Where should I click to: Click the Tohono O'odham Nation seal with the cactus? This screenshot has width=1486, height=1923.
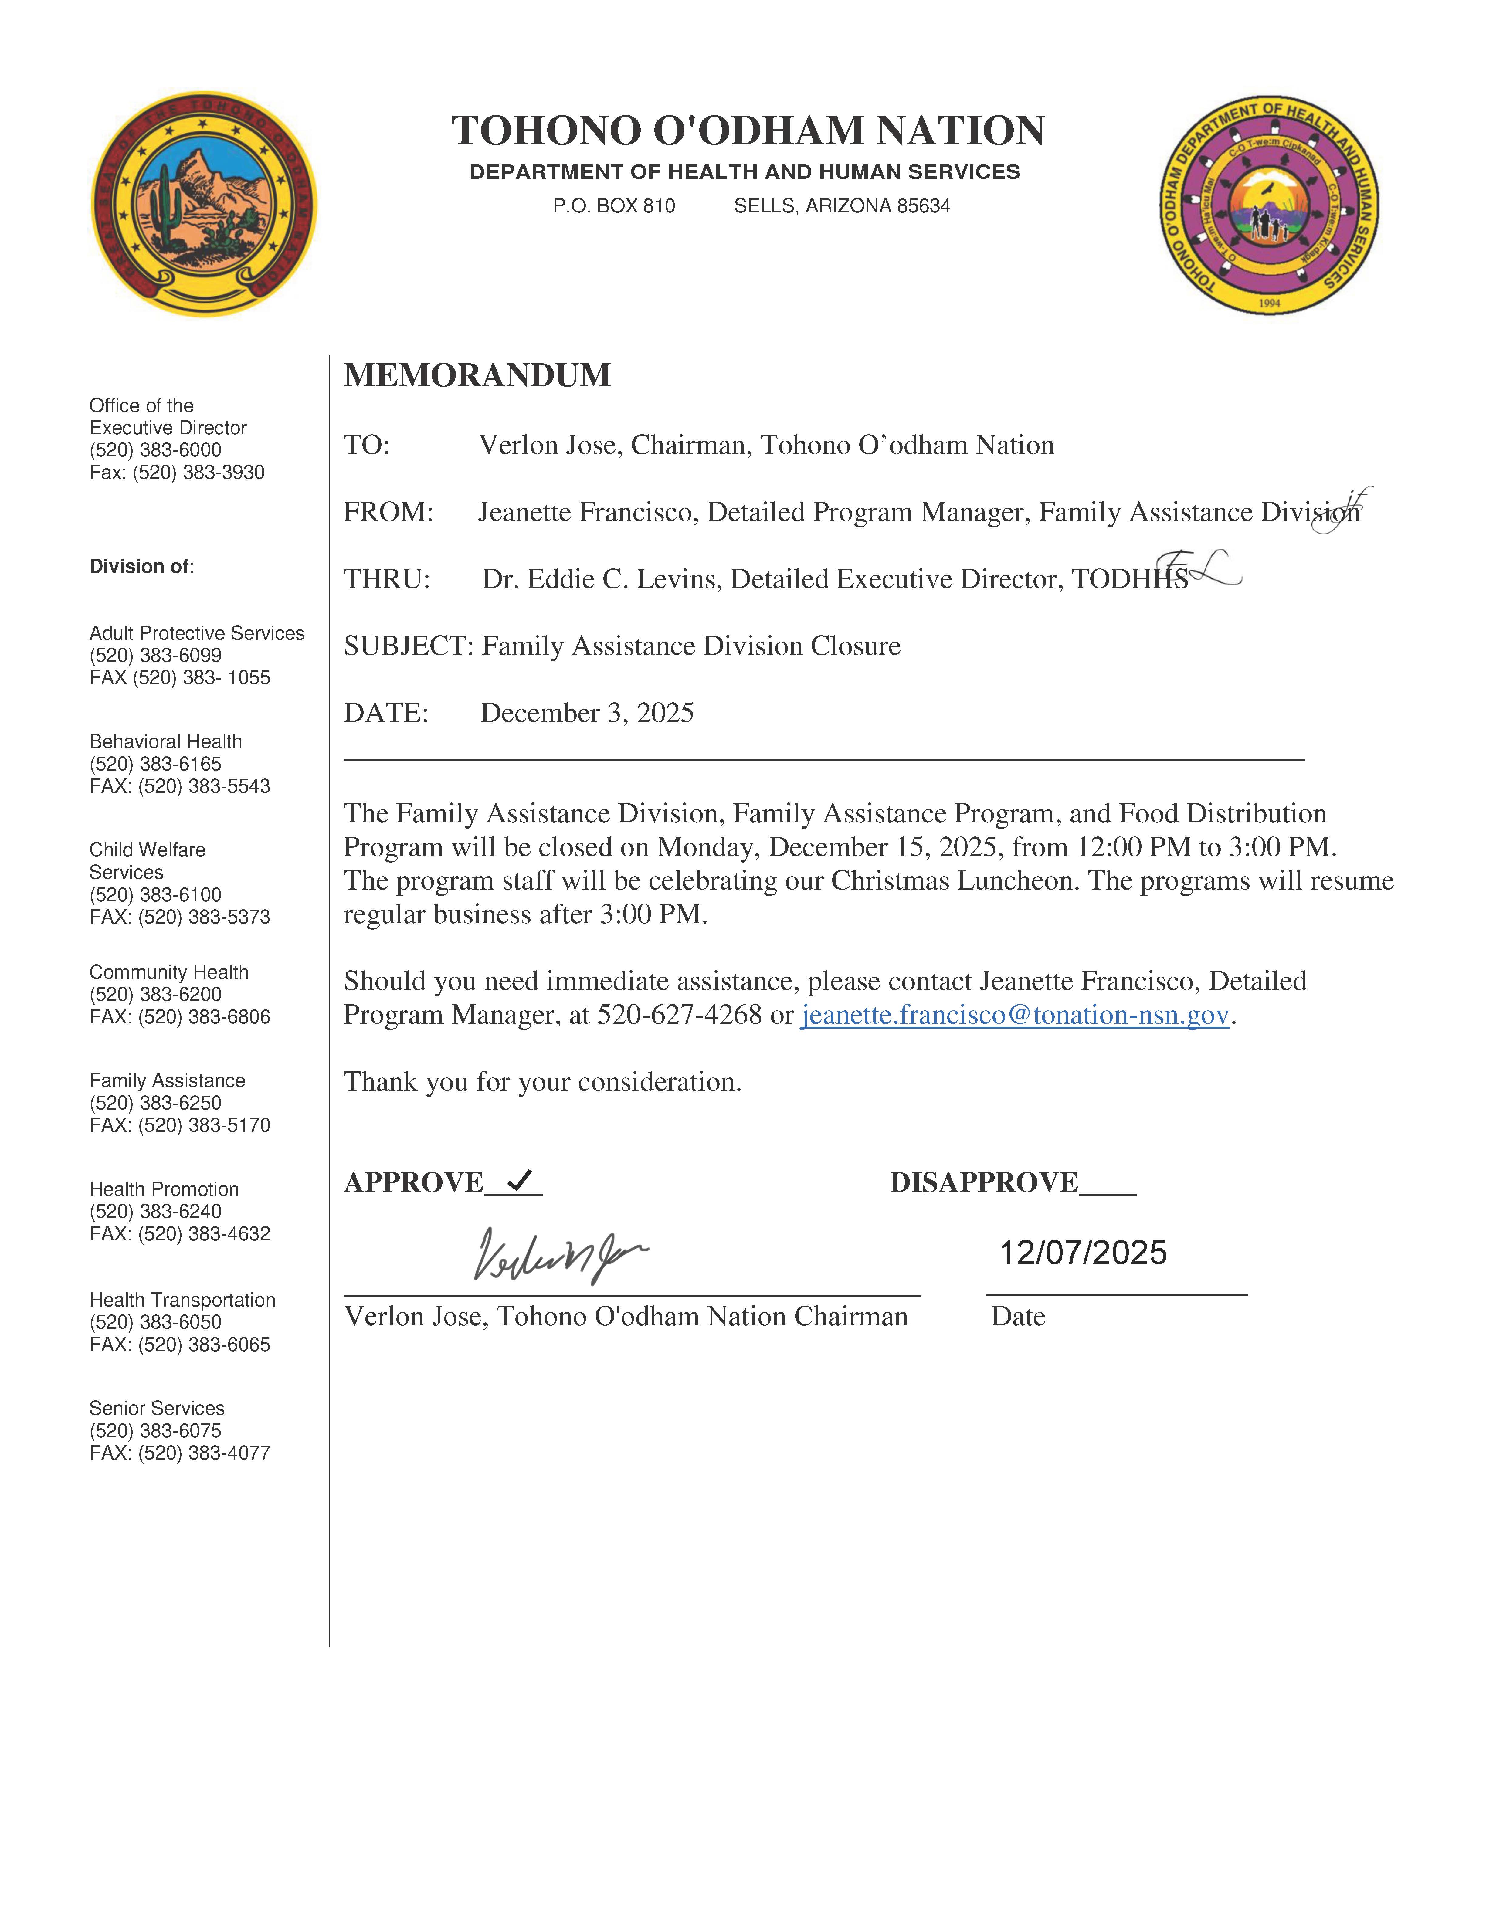tap(204, 204)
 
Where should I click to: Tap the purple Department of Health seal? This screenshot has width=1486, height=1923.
tap(1269, 205)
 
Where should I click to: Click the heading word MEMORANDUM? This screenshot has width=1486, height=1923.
tap(477, 375)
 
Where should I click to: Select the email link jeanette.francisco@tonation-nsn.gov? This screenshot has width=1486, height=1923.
tap(1014, 1015)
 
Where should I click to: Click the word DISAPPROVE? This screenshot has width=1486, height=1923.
tap(983, 1182)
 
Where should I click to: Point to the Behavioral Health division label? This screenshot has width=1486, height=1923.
tap(165, 741)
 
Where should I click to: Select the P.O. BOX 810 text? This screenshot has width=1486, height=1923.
tap(614, 206)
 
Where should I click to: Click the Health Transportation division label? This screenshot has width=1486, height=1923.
tap(182, 1300)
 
